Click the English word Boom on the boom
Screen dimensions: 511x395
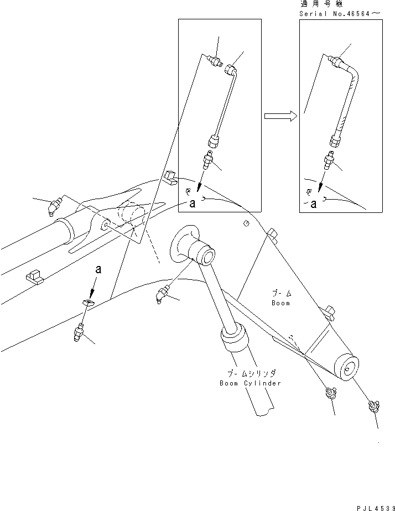(x=280, y=303)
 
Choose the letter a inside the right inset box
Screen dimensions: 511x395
(x=313, y=204)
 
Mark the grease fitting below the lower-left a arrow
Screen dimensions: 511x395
(x=78, y=333)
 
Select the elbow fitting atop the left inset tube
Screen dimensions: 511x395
(x=231, y=70)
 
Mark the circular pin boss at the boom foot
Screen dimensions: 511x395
(x=350, y=368)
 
